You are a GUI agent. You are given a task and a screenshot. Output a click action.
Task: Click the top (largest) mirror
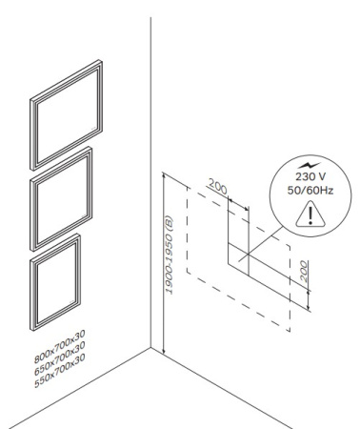tap(31, 133)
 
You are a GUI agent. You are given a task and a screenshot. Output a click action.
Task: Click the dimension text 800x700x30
tap(60, 346)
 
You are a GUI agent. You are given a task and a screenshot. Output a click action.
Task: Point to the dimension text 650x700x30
tap(60, 358)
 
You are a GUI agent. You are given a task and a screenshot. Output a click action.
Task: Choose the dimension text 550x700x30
tap(60, 371)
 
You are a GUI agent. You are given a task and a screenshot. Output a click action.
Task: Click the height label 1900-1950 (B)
tap(169, 255)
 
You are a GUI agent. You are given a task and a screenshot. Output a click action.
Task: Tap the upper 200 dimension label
tap(218, 186)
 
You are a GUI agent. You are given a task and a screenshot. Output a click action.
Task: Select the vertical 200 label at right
tap(304, 272)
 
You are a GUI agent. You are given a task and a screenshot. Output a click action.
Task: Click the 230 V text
tap(310, 176)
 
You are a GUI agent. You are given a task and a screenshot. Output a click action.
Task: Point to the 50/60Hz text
tap(310, 191)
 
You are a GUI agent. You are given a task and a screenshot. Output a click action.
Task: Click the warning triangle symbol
tap(310, 214)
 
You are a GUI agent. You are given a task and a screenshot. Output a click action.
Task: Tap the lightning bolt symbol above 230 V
tap(310, 166)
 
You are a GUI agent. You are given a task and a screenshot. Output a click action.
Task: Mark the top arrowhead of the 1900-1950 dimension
tap(164, 174)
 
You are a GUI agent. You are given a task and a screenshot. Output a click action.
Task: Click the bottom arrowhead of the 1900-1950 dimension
tap(164, 351)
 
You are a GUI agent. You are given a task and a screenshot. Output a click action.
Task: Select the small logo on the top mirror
tap(93, 129)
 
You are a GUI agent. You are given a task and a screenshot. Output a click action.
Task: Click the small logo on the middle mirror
tap(84, 216)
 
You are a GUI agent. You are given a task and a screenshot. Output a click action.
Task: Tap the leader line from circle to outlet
tap(261, 244)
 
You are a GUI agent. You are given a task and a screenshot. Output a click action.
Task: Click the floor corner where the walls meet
tap(150, 347)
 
